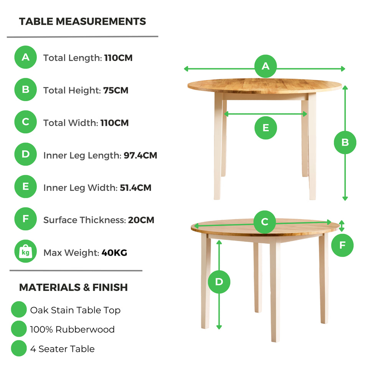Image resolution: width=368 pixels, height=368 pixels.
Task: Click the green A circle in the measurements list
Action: click(x=26, y=58)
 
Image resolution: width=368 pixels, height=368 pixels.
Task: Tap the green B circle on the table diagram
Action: click(x=345, y=143)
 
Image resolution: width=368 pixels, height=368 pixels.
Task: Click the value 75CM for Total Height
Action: click(x=116, y=90)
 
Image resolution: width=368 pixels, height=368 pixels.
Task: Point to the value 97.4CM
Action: click(x=140, y=155)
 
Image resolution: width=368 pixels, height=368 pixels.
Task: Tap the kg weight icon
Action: click(x=26, y=252)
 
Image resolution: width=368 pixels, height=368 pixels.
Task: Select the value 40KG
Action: click(x=114, y=253)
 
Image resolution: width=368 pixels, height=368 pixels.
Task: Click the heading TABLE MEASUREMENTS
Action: click(x=82, y=21)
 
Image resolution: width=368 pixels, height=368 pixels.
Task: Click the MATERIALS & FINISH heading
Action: click(x=74, y=287)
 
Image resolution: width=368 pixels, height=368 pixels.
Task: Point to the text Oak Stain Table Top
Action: click(x=75, y=310)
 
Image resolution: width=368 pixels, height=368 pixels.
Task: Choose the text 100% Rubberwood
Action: click(x=72, y=329)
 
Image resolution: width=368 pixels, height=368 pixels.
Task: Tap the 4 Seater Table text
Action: click(x=62, y=349)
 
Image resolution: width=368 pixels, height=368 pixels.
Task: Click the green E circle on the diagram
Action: click(x=266, y=128)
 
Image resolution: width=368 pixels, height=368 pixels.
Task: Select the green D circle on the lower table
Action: click(x=219, y=282)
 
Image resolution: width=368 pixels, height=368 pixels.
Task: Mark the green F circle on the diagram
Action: click(x=343, y=244)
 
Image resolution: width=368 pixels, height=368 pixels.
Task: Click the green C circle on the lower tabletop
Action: click(x=264, y=222)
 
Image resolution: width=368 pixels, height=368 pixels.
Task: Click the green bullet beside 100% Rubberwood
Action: click(x=19, y=329)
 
